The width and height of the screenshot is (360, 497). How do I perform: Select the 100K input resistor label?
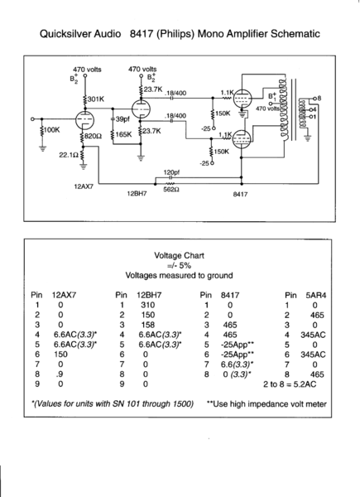pos(50,130)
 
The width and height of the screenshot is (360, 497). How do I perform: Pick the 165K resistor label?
pos(123,133)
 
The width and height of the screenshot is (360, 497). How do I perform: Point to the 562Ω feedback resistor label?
pos(170,188)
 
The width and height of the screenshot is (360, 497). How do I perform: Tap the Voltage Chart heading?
pos(179,256)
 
